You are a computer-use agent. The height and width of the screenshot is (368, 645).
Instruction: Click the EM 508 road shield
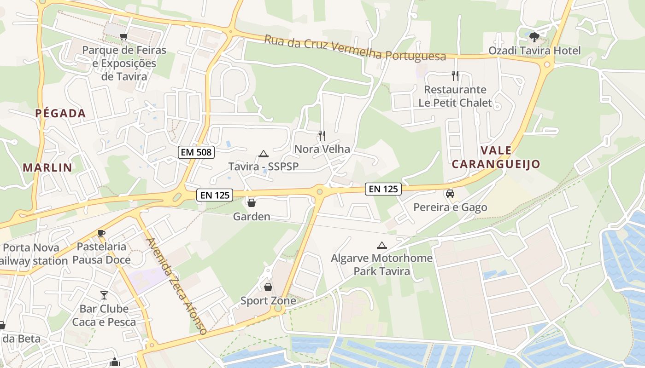[197, 152]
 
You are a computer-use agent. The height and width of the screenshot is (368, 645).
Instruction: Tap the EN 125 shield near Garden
[215, 195]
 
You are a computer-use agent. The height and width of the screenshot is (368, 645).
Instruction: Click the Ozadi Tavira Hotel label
[534, 51]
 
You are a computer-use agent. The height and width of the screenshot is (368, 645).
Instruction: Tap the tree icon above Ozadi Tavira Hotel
[534, 37]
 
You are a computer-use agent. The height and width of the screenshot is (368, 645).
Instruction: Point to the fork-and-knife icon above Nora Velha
[322, 135]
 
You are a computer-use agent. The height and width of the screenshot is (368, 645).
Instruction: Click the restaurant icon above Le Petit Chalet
[455, 75]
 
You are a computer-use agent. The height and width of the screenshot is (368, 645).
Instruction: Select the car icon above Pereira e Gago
[450, 194]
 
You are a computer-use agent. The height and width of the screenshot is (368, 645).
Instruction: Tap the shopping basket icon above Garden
[252, 202]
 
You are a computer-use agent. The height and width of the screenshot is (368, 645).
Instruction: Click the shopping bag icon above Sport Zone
[268, 287]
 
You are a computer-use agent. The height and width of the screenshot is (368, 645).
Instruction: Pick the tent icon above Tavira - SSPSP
[263, 154]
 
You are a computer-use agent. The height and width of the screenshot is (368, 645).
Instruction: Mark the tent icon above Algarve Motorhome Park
[381, 245]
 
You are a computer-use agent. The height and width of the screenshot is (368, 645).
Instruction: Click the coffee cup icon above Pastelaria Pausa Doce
[101, 233]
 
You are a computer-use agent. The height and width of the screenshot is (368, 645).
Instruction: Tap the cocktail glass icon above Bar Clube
[104, 295]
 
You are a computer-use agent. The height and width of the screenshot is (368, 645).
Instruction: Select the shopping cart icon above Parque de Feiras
[123, 37]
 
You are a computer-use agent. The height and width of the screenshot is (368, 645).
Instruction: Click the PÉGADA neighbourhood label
[60, 113]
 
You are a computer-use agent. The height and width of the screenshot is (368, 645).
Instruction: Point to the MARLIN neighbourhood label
[47, 167]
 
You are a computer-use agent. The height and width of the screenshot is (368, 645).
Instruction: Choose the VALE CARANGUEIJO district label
[496, 157]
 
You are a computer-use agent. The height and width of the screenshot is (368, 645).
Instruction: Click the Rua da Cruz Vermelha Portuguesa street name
[355, 48]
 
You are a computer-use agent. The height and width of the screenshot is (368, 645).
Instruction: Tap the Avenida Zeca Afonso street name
[176, 285]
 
